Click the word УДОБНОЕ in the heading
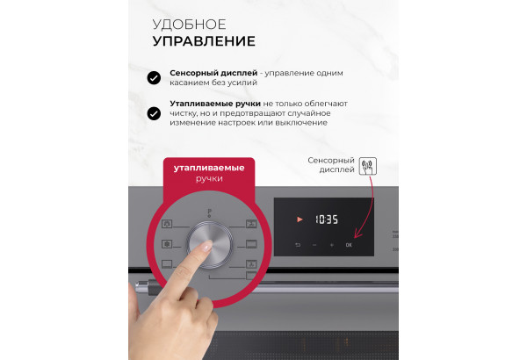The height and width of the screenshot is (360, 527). click(189, 25)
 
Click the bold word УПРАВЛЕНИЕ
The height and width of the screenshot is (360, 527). click(204, 41)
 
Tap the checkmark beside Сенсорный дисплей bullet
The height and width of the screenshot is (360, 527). click(154, 77)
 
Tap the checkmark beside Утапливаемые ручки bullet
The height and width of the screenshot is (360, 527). click(154, 113)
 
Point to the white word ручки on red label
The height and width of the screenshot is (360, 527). click(209, 178)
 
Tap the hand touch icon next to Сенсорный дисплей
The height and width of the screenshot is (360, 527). click(368, 166)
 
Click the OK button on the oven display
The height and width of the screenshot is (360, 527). click(349, 245)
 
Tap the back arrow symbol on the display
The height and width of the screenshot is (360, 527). click(298, 245)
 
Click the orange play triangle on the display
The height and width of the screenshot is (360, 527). click(300, 220)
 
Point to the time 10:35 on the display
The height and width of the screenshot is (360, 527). click(327, 220)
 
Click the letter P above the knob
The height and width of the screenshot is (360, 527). click(209, 212)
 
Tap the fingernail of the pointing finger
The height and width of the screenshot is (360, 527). click(206, 247)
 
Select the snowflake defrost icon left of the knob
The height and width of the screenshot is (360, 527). click(167, 244)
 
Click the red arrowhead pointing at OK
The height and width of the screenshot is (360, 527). click(357, 234)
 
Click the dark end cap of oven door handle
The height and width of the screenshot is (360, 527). click(153, 287)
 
